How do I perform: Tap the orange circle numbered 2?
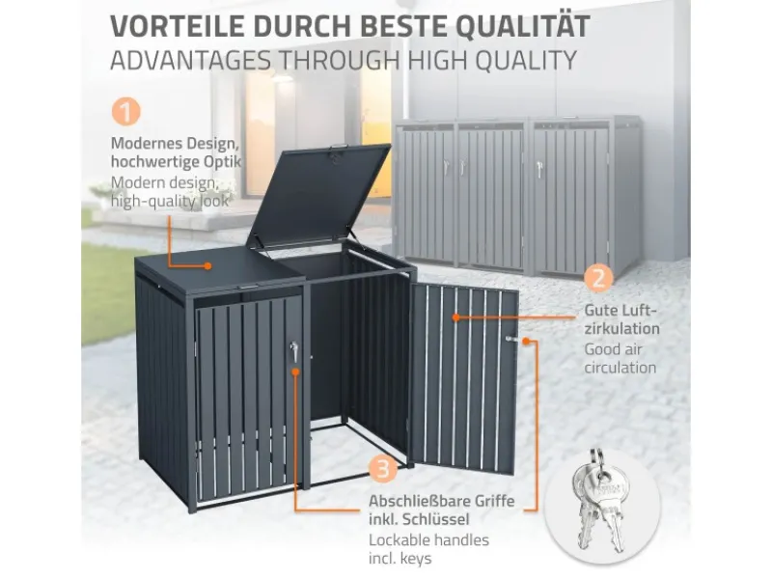tap(599, 280)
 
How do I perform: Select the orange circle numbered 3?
tap(383, 470)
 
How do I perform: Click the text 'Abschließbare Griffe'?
tap(440, 502)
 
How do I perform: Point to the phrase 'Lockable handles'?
tap(428, 540)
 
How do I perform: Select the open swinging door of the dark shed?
tap(463, 376)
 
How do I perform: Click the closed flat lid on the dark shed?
tap(207, 270)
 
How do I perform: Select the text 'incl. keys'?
tap(400, 560)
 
